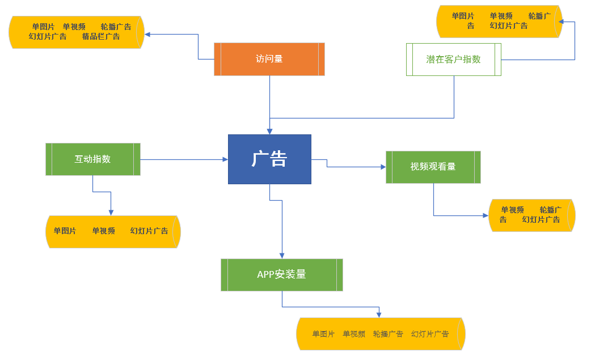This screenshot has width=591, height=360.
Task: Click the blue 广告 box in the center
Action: (269, 159)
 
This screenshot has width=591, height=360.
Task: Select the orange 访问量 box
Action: (269, 59)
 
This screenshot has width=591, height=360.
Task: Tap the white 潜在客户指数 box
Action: (453, 59)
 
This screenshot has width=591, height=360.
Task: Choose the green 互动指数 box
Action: (92, 159)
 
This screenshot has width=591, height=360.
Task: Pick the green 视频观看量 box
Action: (433, 167)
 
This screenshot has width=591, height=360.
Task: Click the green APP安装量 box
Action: (281, 275)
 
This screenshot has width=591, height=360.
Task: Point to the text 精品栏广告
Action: (101, 37)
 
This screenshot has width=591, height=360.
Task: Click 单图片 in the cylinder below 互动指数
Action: (65, 231)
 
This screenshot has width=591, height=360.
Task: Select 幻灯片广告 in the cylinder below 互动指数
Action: (149, 231)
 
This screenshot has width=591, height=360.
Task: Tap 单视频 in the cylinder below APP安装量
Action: (354, 334)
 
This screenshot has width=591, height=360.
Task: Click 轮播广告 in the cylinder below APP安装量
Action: (388, 334)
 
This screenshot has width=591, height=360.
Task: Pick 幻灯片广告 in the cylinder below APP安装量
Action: (430, 334)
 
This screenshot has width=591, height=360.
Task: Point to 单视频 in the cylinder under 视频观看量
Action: (512, 210)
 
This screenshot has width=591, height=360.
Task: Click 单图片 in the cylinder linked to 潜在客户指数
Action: (463, 16)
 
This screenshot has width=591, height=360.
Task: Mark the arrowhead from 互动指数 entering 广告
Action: (225, 159)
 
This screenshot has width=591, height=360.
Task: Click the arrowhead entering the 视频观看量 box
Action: (383, 167)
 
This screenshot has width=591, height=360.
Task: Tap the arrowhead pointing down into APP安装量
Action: (281, 256)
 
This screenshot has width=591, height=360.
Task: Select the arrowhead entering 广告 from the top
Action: (269, 131)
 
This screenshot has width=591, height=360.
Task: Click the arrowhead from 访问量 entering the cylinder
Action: (147, 34)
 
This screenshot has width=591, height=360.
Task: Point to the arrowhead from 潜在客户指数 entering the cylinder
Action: (560, 22)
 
